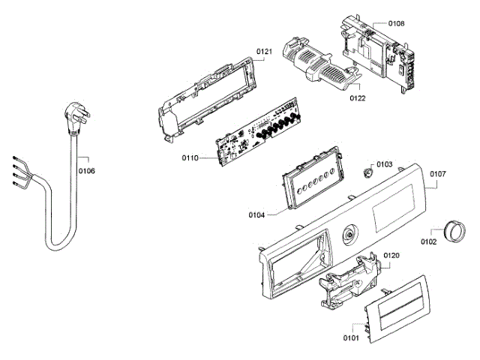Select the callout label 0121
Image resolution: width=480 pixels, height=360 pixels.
pos(263,52)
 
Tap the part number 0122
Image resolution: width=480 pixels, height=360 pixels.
pos(357,98)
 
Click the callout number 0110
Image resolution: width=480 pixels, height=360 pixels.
pos(190,158)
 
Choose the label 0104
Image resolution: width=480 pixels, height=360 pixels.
pos(257,215)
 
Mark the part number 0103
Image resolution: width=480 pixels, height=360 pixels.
pos(385,163)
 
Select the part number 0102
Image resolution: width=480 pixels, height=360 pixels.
pos(429,241)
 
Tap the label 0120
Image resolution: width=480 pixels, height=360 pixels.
pos(391,256)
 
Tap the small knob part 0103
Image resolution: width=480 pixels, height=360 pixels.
pos(367,172)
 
